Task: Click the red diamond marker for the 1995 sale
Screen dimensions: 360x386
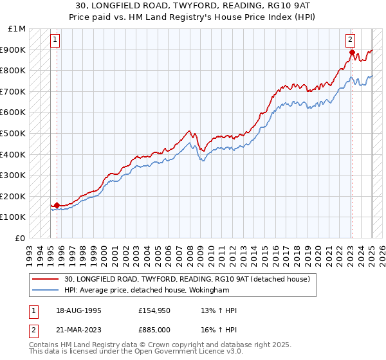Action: pos(57,205)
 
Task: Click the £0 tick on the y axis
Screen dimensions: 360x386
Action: pos(21,238)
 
